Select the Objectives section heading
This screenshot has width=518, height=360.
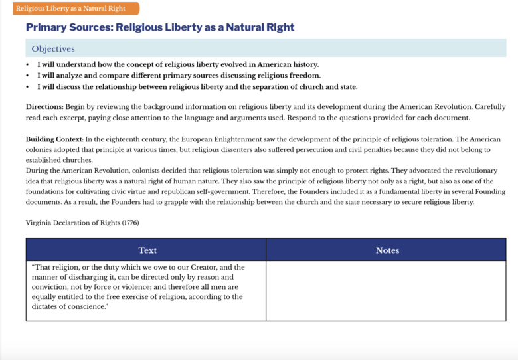(x=53, y=48)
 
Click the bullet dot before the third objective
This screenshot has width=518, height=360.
(x=28, y=87)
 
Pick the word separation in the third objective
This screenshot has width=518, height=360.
(x=275, y=87)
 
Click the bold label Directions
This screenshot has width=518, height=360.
(x=44, y=107)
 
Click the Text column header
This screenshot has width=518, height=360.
(x=147, y=250)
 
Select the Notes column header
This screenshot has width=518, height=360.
(x=387, y=250)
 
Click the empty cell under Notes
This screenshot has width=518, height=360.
(x=386, y=291)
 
